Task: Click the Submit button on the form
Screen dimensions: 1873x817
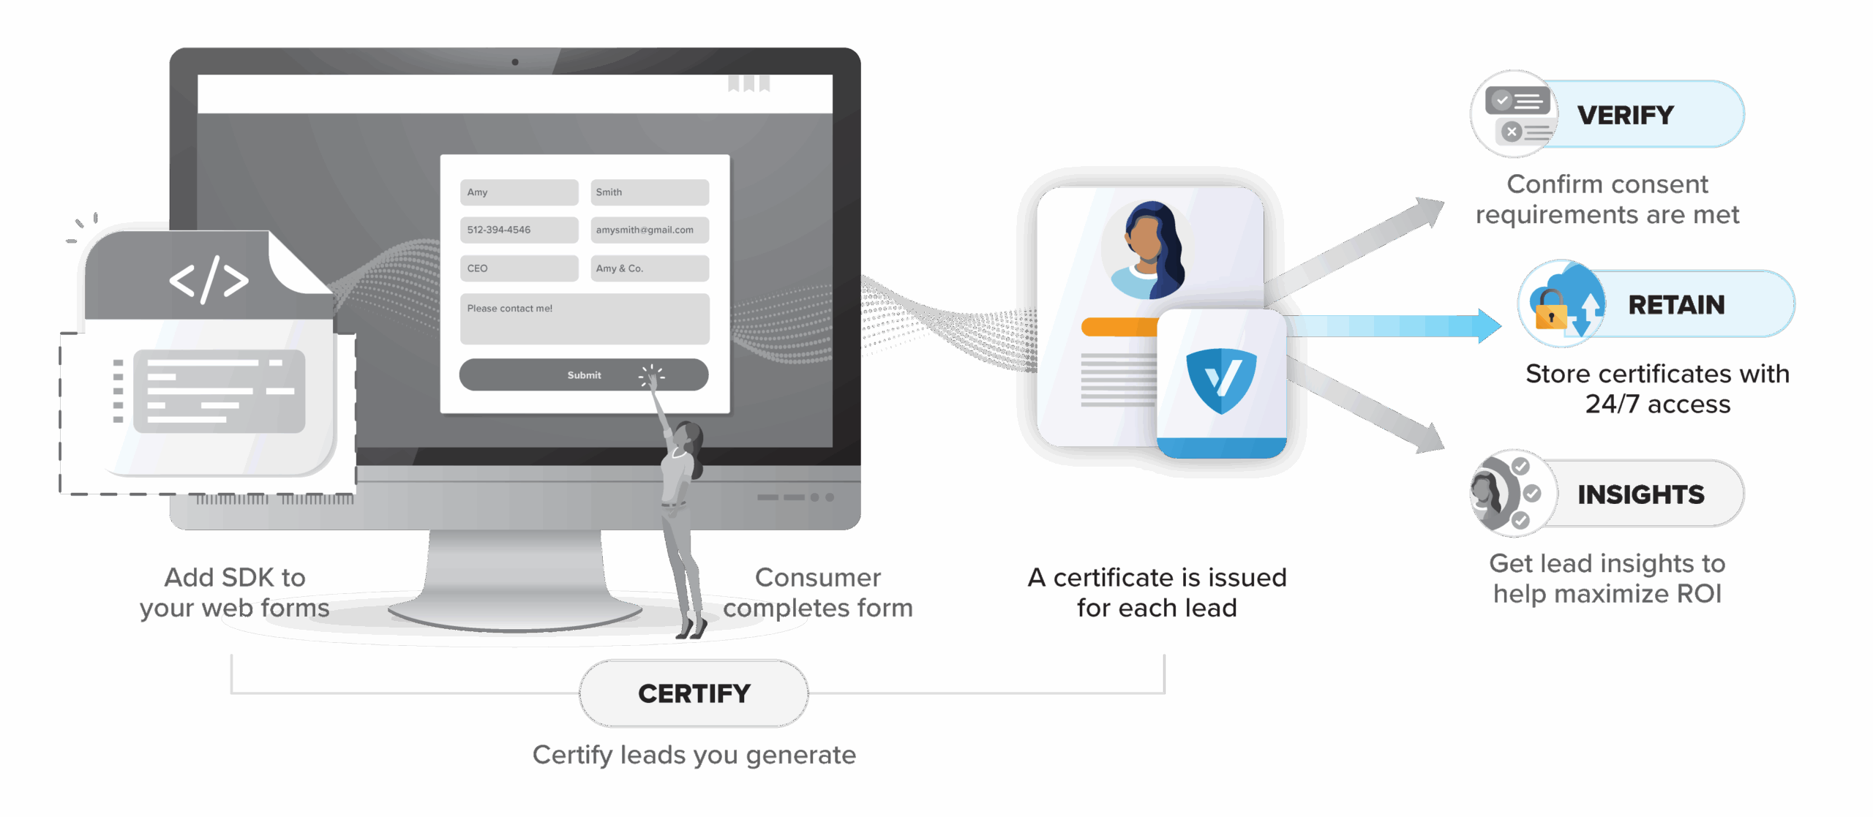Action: coord(583,374)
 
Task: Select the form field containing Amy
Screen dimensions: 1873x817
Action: coord(519,192)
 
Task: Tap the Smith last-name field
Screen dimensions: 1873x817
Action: coord(650,192)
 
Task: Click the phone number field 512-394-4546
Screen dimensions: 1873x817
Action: coord(519,230)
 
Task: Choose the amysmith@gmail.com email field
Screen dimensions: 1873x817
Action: coord(650,230)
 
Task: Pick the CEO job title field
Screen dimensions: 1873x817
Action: coord(519,268)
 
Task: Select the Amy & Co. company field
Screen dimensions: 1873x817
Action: coord(650,268)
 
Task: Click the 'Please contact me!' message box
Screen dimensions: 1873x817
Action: coord(585,319)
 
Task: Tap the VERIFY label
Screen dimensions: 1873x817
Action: coord(1625,116)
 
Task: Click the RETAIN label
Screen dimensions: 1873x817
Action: coord(1676,305)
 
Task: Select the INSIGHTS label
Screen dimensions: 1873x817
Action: coord(1640,495)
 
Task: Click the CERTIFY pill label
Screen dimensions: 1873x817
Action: coord(694,693)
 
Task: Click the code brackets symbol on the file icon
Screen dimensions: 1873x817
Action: coord(209,279)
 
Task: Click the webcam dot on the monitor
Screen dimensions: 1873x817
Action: coord(515,62)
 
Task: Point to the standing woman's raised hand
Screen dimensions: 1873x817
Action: coord(650,381)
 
